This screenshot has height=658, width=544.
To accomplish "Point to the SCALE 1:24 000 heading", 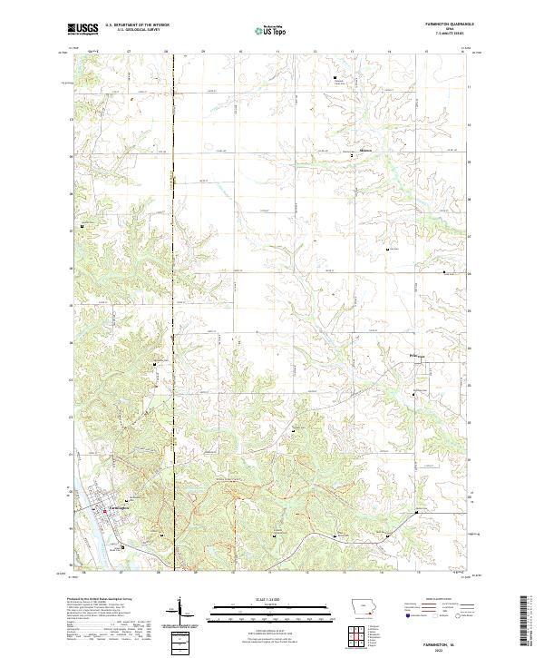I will pyautogui.click(x=271, y=600).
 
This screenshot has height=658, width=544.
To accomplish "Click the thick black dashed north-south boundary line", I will pyautogui.click(x=171, y=272).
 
